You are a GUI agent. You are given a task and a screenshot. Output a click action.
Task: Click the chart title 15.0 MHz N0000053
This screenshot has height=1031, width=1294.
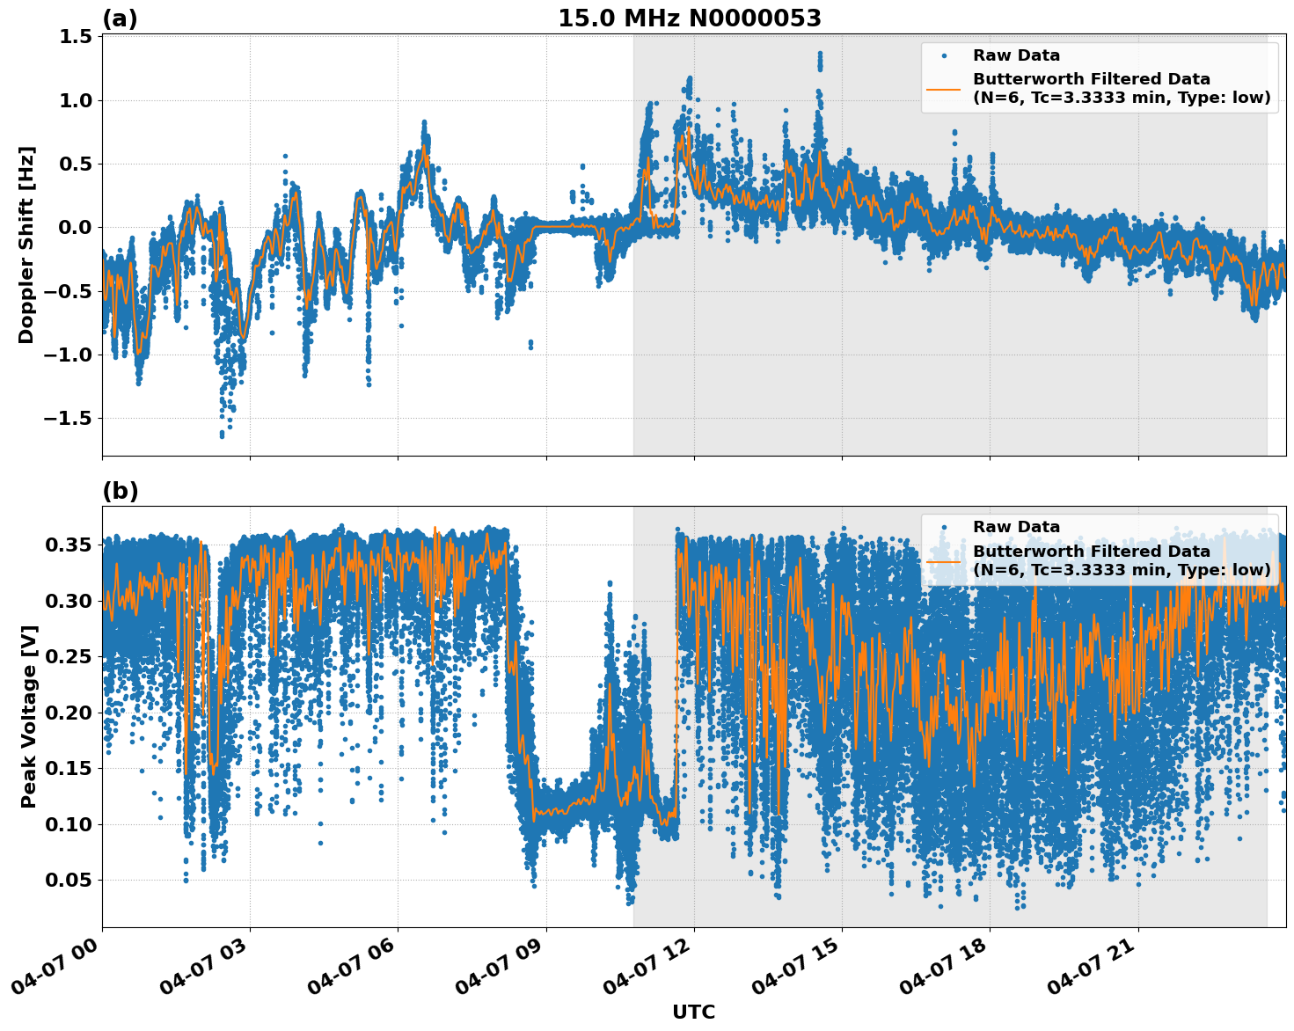pyautogui.click(x=689, y=18)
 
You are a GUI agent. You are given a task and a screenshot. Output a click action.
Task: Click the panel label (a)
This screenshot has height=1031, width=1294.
pyautogui.click(x=120, y=18)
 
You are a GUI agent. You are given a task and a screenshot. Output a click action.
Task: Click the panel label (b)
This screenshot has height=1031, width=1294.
pyautogui.click(x=120, y=491)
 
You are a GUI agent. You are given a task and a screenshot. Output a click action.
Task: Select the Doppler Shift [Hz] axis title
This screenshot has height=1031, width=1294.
pyautogui.click(x=26, y=245)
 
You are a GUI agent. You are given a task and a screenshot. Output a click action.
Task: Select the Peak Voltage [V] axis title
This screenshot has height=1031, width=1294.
pyautogui.click(x=28, y=717)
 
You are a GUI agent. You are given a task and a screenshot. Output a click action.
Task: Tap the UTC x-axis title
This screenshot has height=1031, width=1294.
pyautogui.click(x=693, y=1012)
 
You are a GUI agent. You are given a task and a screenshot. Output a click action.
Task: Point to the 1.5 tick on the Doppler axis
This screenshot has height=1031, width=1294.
pyautogui.click(x=76, y=37)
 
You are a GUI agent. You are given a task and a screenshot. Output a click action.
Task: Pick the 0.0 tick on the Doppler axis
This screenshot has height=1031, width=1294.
pyautogui.click(x=76, y=228)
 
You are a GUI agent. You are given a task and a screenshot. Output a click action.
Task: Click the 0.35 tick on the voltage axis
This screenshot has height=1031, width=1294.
pyautogui.click(x=69, y=545)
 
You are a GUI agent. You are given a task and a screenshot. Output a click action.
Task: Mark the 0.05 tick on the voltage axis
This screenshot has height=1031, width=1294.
pyautogui.click(x=69, y=881)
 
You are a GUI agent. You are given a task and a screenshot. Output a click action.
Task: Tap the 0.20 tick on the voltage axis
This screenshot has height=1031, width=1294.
pyautogui.click(x=69, y=713)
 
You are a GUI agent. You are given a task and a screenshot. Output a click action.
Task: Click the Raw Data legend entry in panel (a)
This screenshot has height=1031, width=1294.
pyautogui.click(x=1016, y=55)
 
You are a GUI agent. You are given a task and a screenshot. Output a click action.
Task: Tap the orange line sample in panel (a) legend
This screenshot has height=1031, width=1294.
pyautogui.click(x=943, y=89)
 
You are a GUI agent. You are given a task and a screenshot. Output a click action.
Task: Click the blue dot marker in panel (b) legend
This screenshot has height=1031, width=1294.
pyautogui.click(x=943, y=527)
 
